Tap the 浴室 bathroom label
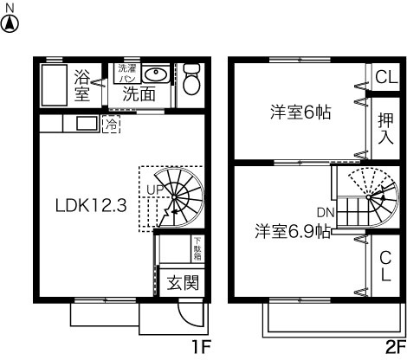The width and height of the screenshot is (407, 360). pos(83,84)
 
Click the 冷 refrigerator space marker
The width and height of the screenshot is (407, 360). pos(112,124)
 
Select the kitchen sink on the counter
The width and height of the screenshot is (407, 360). pos(87,124)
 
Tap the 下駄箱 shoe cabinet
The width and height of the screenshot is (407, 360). pos(197,248)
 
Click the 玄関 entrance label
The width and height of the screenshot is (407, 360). pos(183,281)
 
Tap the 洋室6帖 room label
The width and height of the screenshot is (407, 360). pos(301,112)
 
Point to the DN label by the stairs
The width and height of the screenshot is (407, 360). pos(326,212)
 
